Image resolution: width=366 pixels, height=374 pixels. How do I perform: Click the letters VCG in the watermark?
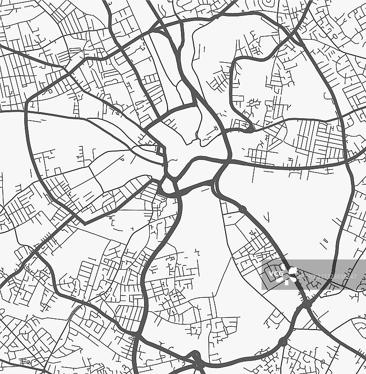pos(276,273)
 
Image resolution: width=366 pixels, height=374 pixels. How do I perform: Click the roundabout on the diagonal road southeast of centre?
pos(242,209)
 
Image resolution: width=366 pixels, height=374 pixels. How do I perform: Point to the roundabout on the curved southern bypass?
pos(283,342)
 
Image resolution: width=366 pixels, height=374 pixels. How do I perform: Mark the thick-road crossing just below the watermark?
pos(307,304)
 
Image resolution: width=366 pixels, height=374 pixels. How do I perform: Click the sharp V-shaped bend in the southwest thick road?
pos(84,223)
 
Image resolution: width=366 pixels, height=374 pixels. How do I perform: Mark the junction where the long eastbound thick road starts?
pos(229,162)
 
